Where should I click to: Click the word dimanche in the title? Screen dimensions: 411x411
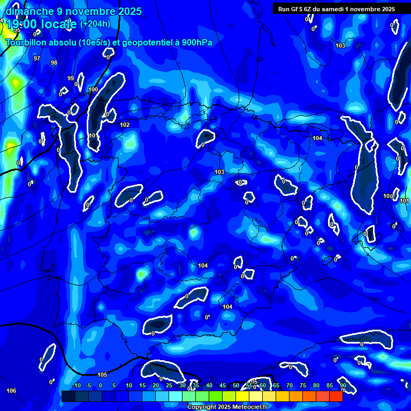point(29,11)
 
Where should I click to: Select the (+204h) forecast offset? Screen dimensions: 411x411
point(95,24)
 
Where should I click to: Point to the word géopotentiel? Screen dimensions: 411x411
point(147,42)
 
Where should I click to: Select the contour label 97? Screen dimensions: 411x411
point(37,58)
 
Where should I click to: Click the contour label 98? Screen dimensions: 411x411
point(54,63)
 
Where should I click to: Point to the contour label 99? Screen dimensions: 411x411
point(71,78)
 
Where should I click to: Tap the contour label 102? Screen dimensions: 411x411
point(125,125)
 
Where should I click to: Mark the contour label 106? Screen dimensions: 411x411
point(11,391)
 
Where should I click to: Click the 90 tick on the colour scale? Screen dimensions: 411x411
point(342,385)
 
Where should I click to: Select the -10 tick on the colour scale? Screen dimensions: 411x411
point(76,385)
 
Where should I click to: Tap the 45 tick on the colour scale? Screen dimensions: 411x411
point(223,385)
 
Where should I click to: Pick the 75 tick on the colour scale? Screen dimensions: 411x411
point(303,385)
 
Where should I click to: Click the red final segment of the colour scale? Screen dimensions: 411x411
point(336,396)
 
